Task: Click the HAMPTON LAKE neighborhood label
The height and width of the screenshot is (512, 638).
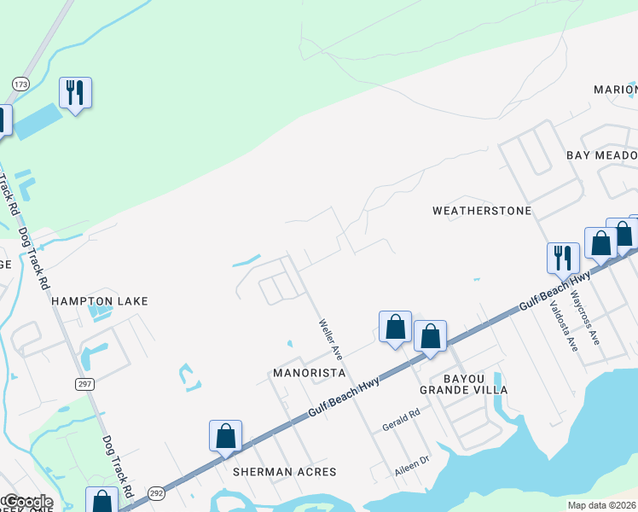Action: [100, 301]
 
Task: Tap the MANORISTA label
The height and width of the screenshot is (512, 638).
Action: [309, 373]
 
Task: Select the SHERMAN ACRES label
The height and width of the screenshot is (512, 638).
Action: [285, 471]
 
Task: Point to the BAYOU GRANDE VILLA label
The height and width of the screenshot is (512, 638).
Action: [463, 383]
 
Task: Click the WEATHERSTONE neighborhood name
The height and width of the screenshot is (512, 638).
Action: [482, 210]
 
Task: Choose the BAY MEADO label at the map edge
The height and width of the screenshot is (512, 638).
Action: [601, 155]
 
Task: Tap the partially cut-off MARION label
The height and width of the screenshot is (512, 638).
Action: [615, 90]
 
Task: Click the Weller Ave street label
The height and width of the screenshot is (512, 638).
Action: [330, 339]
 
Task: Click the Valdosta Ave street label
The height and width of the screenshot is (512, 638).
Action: [564, 325]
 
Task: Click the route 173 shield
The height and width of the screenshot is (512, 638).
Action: [20, 84]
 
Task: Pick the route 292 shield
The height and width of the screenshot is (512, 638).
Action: [156, 492]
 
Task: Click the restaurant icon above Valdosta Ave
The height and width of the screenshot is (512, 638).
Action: [563, 257]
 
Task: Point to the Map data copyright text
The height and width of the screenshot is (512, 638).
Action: [601, 505]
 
